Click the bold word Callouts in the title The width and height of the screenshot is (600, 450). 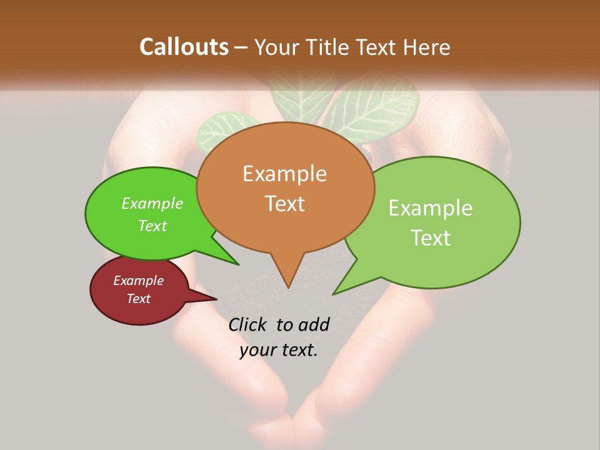pyautogui.click(x=184, y=47)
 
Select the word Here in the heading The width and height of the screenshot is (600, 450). pyautogui.click(x=427, y=47)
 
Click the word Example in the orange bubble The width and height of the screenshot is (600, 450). pyautogui.click(x=284, y=174)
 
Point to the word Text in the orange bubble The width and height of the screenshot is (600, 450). pyautogui.click(x=284, y=204)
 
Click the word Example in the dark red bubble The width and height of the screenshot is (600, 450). pyautogui.click(x=138, y=281)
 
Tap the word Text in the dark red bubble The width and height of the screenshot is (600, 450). pyautogui.click(x=138, y=299)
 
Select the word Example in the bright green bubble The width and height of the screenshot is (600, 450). pyautogui.click(x=152, y=204)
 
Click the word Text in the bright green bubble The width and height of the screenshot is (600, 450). pyautogui.click(x=152, y=226)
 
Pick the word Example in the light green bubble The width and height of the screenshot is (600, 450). pyautogui.click(x=431, y=208)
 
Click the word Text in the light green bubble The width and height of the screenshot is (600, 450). pyautogui.click(x=431, y=238)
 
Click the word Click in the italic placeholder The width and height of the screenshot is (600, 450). pyautogui.click(x=249, y=324)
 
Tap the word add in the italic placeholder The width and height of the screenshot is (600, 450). pyautogui.click(x=314, y=324)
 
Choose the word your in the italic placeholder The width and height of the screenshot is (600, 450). pyautogui.click(x=257, y=350)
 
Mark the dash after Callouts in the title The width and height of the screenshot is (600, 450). pyautogui.click(x=241, y=47)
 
